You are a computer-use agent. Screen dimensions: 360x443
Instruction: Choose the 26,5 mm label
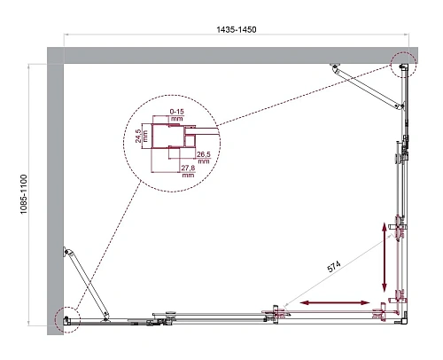tap(204, 156)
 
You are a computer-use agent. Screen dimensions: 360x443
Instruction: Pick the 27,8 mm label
tap(188, 172)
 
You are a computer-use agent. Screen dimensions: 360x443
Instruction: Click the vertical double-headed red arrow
tap(385, 256)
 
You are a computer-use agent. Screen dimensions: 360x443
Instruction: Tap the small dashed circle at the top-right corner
tap(401, 65)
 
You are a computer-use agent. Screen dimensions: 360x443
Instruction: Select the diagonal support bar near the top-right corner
tap(363, 85)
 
